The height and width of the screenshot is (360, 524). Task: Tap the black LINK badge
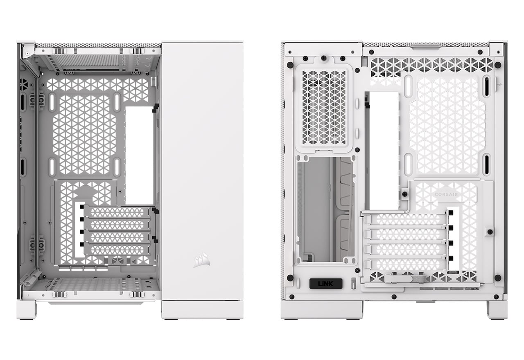325,283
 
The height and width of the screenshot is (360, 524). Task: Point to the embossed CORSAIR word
446,194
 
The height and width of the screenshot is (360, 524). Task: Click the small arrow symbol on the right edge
499,84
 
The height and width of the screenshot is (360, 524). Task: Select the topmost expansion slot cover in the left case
117,212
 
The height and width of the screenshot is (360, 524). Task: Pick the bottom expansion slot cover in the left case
117,250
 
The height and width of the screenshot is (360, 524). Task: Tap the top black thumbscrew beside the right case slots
451,213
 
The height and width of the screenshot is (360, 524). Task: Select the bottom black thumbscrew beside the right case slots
451,258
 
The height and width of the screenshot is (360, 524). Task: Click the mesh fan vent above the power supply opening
324,108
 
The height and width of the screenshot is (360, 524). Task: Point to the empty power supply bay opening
325,209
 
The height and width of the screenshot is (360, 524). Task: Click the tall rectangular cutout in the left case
140,156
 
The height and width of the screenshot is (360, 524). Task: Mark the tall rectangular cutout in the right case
384,151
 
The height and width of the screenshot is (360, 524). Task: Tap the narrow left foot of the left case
27,310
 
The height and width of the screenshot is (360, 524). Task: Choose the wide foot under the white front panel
202,310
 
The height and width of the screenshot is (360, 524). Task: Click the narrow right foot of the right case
497,310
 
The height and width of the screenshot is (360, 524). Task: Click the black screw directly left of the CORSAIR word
405,194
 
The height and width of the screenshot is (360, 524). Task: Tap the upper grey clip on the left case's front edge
37,100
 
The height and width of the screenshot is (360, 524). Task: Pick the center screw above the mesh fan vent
323,58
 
